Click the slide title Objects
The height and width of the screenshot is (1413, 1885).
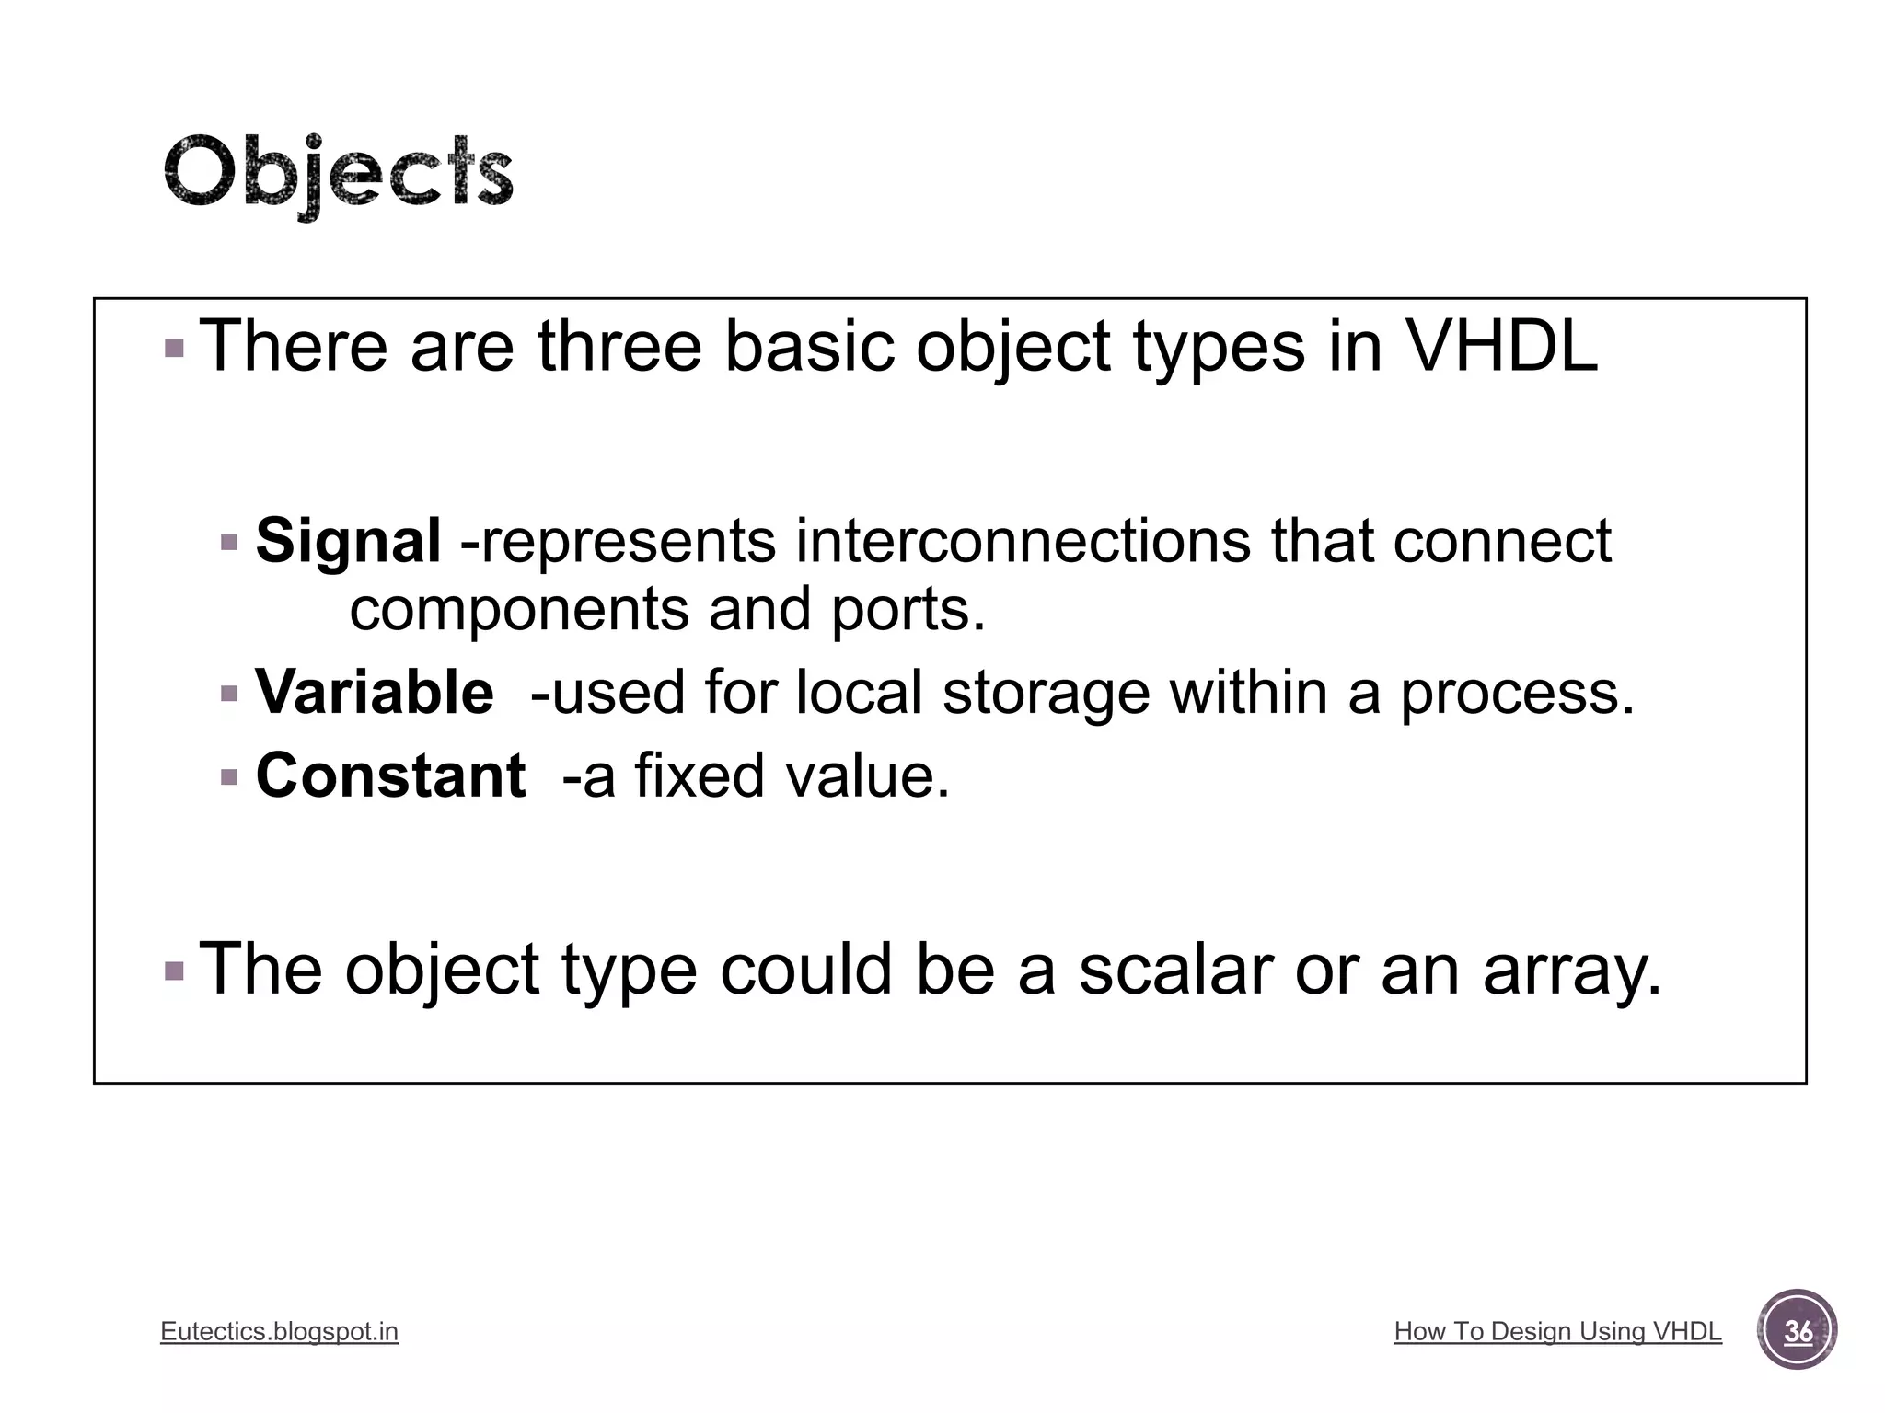coord(338,175)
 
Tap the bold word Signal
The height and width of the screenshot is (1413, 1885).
coord(348,541)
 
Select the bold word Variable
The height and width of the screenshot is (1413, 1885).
coord(374,692)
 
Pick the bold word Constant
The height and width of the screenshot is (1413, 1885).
coord(390,775)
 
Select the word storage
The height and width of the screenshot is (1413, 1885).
coord(1046,694)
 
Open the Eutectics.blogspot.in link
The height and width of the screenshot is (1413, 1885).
coord(279,1331)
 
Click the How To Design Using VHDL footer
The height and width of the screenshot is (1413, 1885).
coord(1557,1331)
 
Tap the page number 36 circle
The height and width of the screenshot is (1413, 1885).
coord(1797,1331)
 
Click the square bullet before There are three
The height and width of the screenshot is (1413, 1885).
coord(174,349)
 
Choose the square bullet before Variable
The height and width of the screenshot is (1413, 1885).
coord(229,694)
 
